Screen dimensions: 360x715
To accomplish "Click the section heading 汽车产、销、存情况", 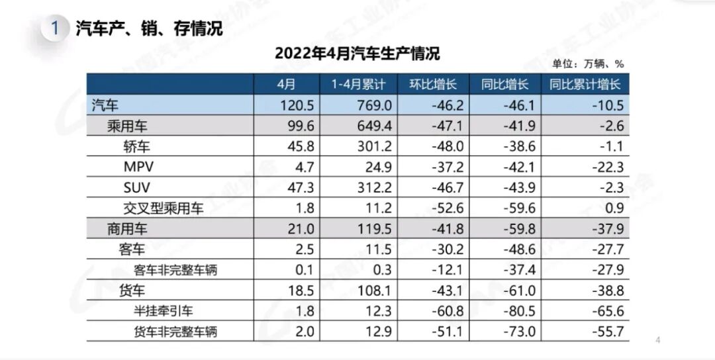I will pyautogui.click(x=149, y=28).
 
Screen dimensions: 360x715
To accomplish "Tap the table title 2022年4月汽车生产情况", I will pyautogui.click(x=357, y=53).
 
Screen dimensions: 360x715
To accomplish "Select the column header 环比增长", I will pyautogui.click(x=433, y=84).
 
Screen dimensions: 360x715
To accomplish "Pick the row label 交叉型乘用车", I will pyautogui.click(x=164, y=209).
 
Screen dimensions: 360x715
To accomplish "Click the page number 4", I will pyautogui.click(x=657, y=341).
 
